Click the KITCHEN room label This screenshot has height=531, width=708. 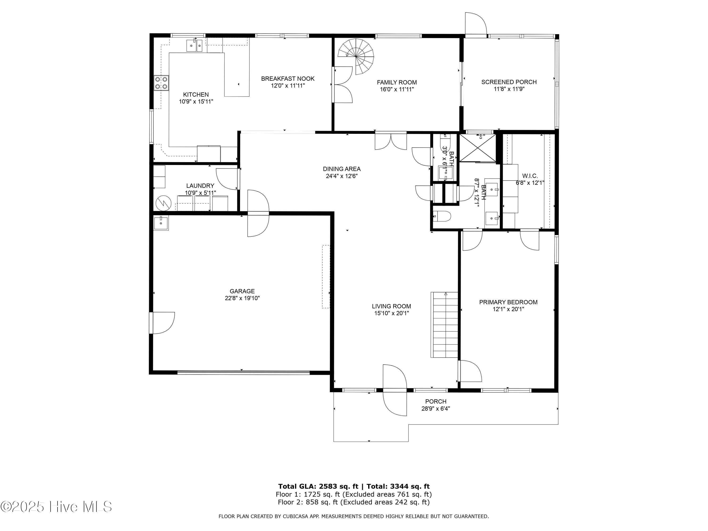(196, 94)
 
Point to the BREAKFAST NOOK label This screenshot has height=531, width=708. (288, 78)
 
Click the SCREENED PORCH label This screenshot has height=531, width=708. (509, 82)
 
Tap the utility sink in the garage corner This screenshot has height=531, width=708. (161, 223)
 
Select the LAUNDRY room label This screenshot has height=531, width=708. (200, 186)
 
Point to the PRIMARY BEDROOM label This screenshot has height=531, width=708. (508, 302)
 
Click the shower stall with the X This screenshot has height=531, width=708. (478, 148)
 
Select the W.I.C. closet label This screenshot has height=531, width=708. (530, 176)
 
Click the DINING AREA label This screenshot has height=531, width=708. (341, 169)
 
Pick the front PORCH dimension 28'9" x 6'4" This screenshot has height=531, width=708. (436, 409)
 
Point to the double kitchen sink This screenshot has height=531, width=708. (195, 46)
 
